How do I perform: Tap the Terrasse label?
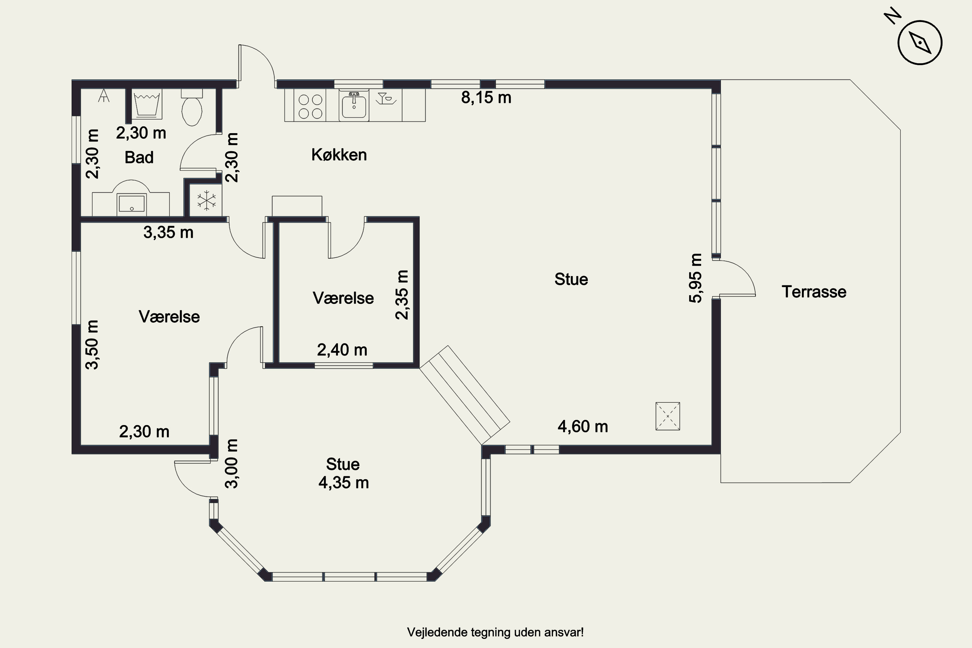tap(814, 292)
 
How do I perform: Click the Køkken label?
tap(339, 155)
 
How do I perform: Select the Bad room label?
tap(139, 157)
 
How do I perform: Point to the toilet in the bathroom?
tap(192, 110)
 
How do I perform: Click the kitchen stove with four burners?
tap(310, 106)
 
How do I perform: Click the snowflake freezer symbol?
tap(206, 201)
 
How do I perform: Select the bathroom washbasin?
tap(132, 202)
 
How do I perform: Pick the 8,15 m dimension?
tap(486, 98)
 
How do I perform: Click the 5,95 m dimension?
tap(696, 278)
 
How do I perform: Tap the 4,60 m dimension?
tap(583, 426)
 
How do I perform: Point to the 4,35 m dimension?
tap(343, 483)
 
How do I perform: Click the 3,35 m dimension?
tap(168, 232)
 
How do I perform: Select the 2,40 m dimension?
tap(342, 350)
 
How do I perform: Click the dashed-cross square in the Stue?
tap(667, 416)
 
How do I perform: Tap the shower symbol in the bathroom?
tap(104, 96)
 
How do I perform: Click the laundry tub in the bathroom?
tap(147, 105)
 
